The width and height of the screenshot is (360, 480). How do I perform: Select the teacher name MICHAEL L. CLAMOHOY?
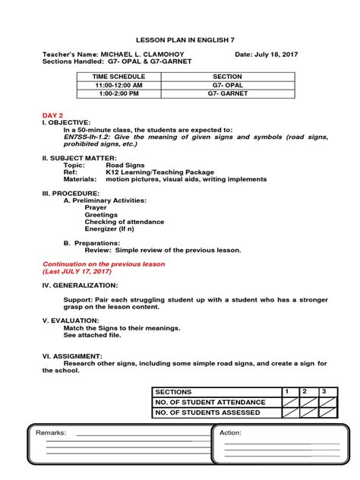[x=144, y=55]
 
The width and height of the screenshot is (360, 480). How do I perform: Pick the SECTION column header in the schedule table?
[x=227, y=77]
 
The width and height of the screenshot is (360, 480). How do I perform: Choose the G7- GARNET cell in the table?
[x=227, y=95]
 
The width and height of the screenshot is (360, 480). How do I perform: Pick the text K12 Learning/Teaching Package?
[x=160, y=172]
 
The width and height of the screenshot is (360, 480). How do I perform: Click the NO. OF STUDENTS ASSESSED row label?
[x=207, y=412]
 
